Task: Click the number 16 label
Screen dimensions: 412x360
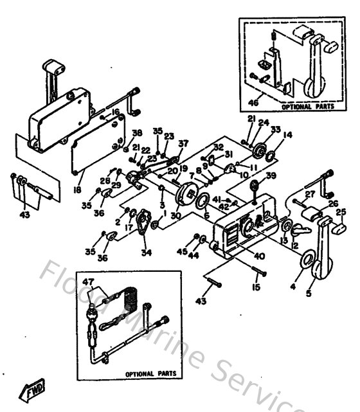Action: click(116, 111)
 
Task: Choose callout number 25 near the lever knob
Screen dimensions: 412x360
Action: click(341, 211)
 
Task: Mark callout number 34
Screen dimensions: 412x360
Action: click(147, 253)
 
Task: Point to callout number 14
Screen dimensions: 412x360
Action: click(287, 135)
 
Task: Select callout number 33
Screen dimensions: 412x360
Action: click(276, 130)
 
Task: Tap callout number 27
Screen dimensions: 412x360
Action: click(310, 193)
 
